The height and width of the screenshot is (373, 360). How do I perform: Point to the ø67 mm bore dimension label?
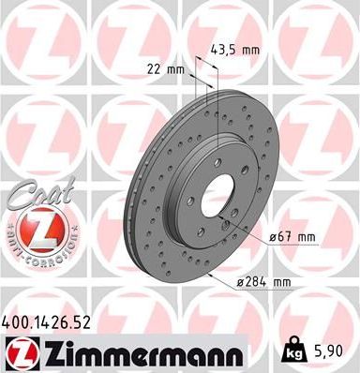291,238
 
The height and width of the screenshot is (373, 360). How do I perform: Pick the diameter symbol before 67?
273,238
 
